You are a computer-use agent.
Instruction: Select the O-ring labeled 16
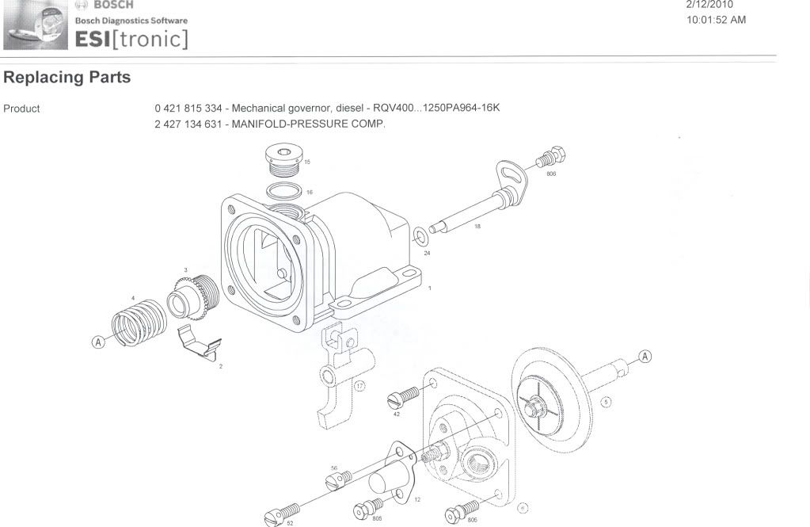coord(284,191)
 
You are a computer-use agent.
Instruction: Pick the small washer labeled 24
coord(419,235)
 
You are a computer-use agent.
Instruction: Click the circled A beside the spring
coord(98,342)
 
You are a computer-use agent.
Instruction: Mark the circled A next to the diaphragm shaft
coord(645,357)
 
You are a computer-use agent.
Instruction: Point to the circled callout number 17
coord(359,387)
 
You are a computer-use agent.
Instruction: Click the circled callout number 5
coord(607,401)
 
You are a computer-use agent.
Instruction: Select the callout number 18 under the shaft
coord(477,227)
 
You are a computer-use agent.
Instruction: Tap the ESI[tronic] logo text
coord(131,37)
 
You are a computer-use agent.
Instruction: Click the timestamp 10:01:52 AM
coord(717,20)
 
